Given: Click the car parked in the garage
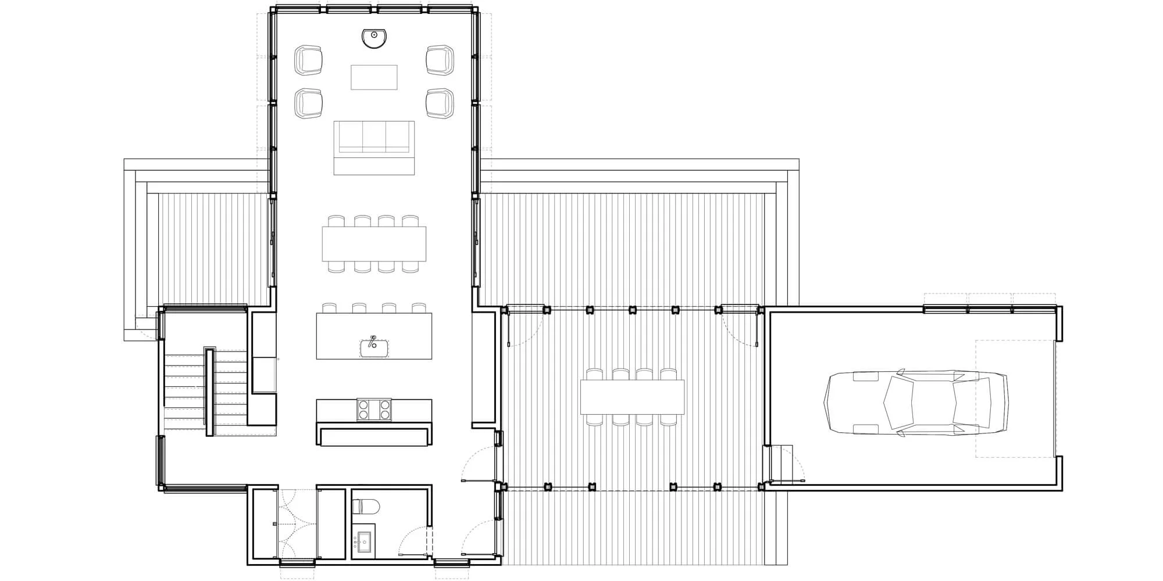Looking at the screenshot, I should pyautogui.click(x=916, y=402).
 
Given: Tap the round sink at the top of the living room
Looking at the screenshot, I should pyautogui.click(x=374, y=38).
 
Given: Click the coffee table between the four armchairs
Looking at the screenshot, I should pyautogui.click(x=374, y=77).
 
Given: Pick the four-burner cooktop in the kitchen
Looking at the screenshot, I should pyautogui.click(x=374, y=410).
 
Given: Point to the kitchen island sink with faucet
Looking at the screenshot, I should pyautogui.click(x=374, y=347).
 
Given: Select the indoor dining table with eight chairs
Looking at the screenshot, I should pyautogui.click(x=374, y=244).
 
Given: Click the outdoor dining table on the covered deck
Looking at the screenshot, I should pyautogui.click(x=632, y=397).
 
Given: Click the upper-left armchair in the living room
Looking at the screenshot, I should pyautogui.click(x=308, y=60).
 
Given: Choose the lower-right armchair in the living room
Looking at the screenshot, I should pyautogui.click(x=440, y=103).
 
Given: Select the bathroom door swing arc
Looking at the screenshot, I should pyautogui.click(x=414, y=543).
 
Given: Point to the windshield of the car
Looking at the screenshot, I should pyautogui.click(x=895, y=402).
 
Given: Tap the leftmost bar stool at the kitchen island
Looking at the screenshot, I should pyautogui.click(x=330, y=308).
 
